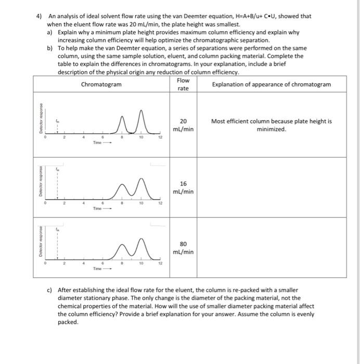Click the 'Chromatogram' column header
coord(101,84)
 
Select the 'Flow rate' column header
coord(183,84)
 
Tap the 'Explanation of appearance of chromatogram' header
coord(272,84)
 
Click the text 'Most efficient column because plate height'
coord(272,121)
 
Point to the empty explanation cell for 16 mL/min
coord(272,187)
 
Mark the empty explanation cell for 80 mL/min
coord(272,248)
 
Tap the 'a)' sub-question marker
coord(50,32)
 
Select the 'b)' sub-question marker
coord(50,48)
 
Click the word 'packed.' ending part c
coord(69,322)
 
